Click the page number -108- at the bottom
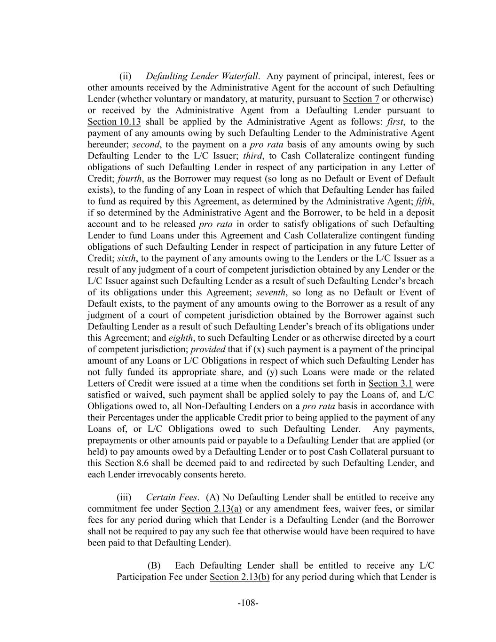click(x=248, y=603)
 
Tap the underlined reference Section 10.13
click(x=114, y=122)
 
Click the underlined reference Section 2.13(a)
click(x=211, y=509)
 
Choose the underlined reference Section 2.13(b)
click(x=239, y=577)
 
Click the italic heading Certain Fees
click(x=172, y=497)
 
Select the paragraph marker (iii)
click(x=124, y=497)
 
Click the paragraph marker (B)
click(x=154, y=565)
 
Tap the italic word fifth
click(x=425, y=201)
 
